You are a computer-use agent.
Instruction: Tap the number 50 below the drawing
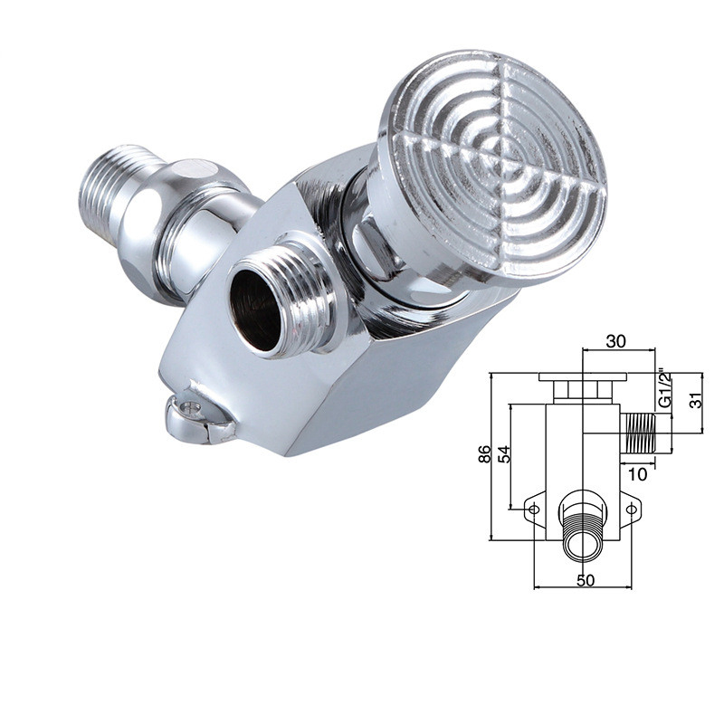pos(586,580)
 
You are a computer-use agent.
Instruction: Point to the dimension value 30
pos(616,341)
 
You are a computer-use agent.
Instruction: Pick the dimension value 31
pos(695,398)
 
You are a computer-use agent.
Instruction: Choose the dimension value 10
pos(637,473)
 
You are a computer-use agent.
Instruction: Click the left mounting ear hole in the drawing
pos(534,510)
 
